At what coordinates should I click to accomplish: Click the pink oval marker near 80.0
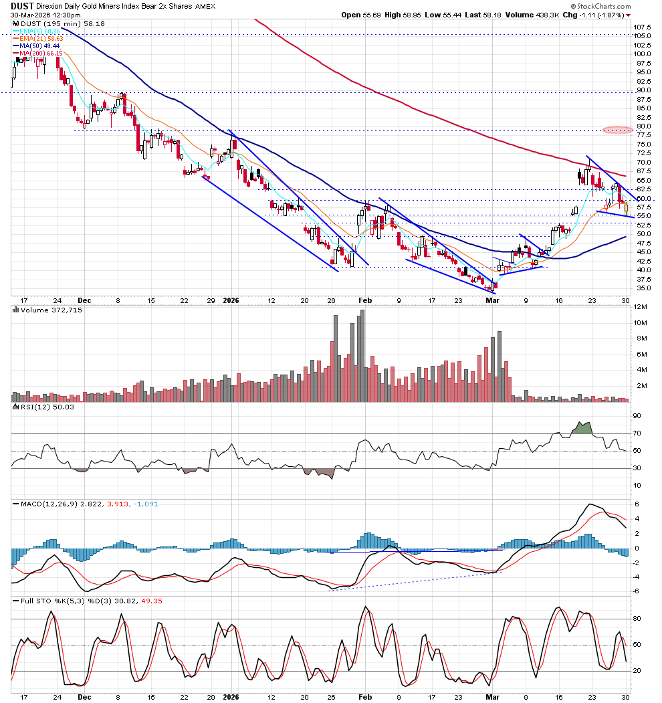(617, 130)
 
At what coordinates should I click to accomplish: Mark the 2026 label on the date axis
(229, 301)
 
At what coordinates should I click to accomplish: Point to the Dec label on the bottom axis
(84, 301)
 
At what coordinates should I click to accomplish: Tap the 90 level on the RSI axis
(637, 416)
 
